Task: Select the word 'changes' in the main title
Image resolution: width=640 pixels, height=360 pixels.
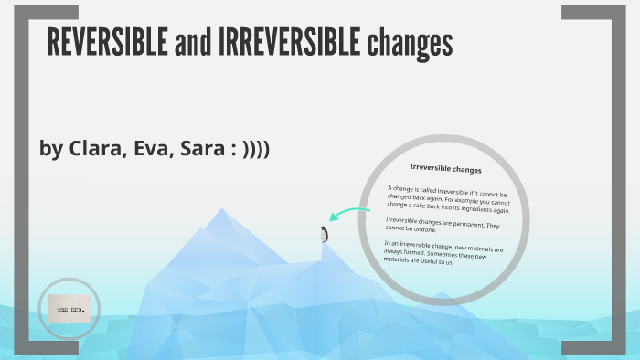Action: click(410, 42)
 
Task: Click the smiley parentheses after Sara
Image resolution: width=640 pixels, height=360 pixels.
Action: click(254, 148)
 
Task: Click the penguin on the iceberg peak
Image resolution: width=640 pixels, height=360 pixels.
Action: click(323, 234)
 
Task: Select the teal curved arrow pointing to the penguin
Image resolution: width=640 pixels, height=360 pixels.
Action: click(349, 215)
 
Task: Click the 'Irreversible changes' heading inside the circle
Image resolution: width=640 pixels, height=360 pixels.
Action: click(445, 170)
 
